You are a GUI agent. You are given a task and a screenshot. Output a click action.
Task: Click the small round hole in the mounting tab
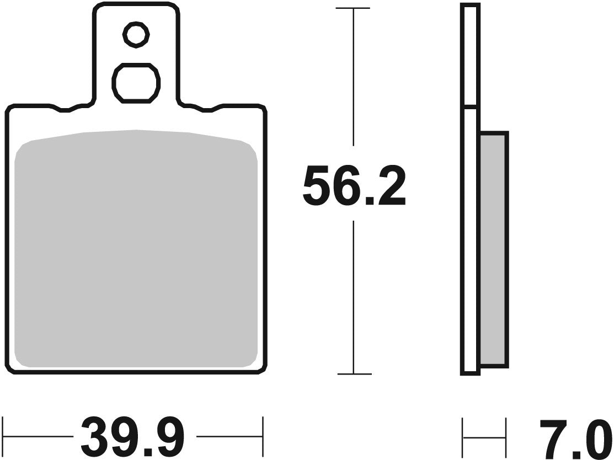click(136, 35)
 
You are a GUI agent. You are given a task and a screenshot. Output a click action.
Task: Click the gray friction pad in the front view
click(136, 248)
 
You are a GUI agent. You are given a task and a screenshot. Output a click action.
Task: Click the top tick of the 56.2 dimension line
click(353, 9)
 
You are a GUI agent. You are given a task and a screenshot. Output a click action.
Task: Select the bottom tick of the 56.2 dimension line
click(354, 374)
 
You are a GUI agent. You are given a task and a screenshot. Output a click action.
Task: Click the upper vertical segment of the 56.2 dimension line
click(353, 83)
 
